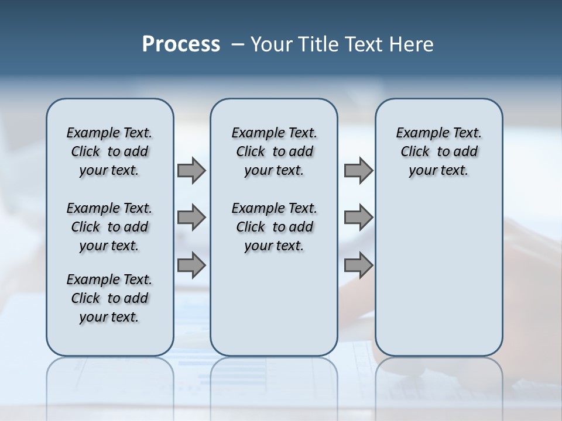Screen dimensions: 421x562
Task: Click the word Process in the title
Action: (181, 44)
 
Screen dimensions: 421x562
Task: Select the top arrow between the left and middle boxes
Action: (191, 171)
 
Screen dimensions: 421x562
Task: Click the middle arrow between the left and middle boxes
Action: (191, 218)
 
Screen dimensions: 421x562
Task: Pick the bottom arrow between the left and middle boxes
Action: (191, 265)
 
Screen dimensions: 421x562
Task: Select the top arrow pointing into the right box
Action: (358, 171)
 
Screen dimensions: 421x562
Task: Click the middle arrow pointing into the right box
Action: (358, 218)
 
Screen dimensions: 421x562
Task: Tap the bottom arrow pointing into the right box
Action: (358, 265)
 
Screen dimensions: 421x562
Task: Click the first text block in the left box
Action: (109, 151)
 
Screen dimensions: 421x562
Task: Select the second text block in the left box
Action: (109, 227)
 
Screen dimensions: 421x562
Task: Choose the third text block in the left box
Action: (109, 298)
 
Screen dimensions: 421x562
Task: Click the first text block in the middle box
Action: (274, 151)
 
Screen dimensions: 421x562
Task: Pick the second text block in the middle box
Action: (274, 227)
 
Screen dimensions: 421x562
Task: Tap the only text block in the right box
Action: (438, 151)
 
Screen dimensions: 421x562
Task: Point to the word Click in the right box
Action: (415, 152)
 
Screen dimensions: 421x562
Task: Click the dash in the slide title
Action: (238, 44)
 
